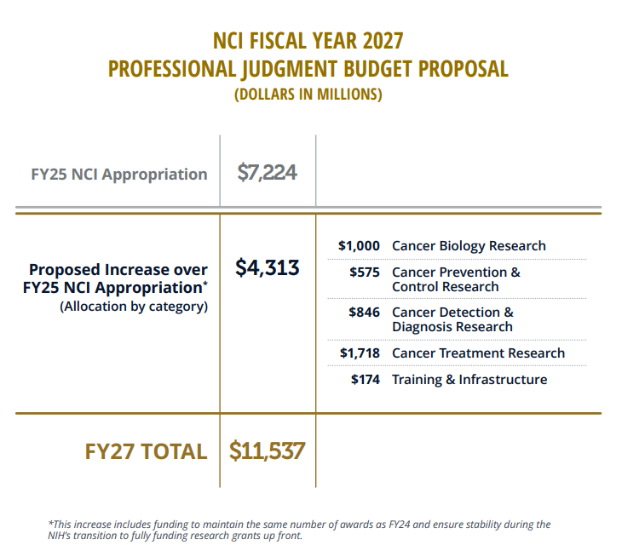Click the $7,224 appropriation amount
(x=267, y=173)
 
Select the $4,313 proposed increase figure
(x=267, y=267)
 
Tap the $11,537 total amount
(x=267, y=450)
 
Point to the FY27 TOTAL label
(x=146, y=451)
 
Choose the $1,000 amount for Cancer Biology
(x=359, y=246)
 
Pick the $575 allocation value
(x=365, y=272)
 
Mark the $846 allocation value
(x=364, y=313)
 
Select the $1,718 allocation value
(x=359, y=353)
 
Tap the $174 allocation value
(x=365, y=380)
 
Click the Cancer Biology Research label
(x=469, y=246)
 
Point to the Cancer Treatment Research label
(x=478, y=353)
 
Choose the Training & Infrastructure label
(x=469, y=380)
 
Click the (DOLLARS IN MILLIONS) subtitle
(x=308, y=95)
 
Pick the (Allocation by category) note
(x=134, y=307)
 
